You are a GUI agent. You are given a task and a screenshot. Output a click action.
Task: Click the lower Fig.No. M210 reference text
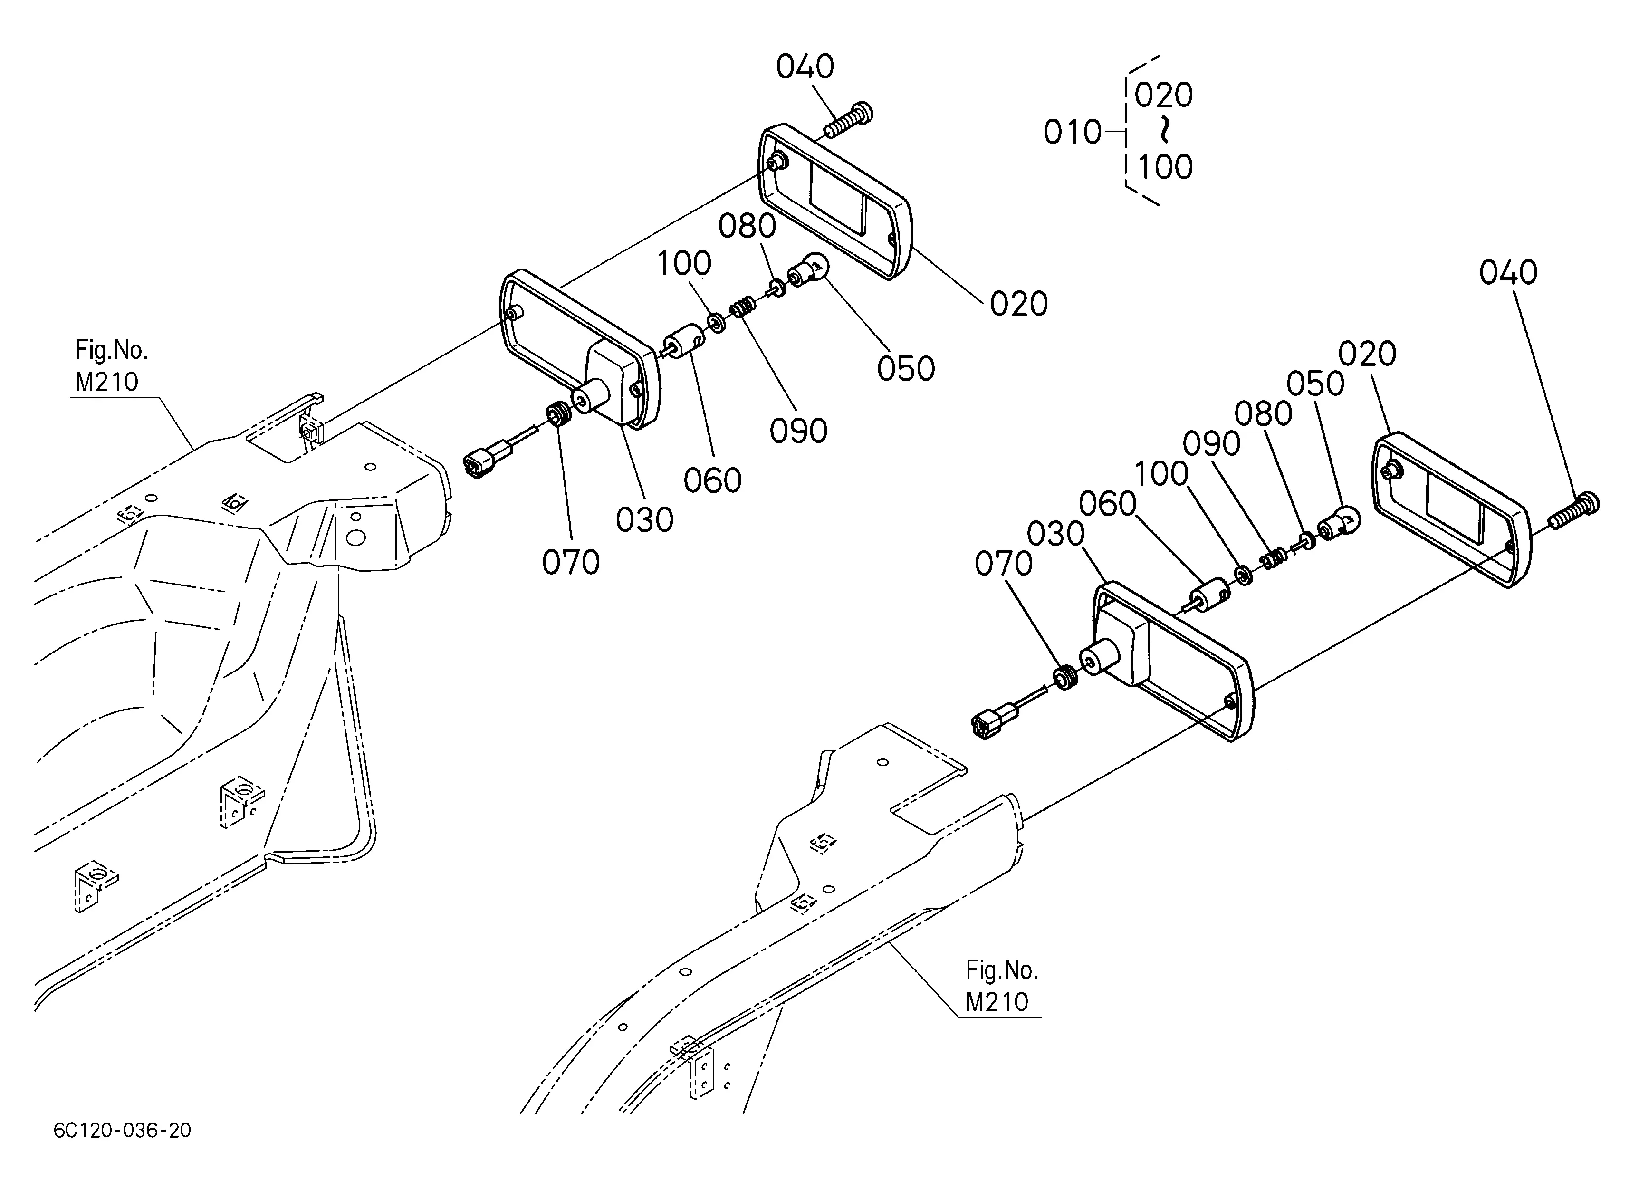pos(1002,986)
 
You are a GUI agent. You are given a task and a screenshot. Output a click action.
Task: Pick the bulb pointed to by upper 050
pos(807,272)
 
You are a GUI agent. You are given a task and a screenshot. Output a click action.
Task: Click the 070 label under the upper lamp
pos(571,562)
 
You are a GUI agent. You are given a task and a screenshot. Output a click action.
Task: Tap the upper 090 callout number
pos(798,432)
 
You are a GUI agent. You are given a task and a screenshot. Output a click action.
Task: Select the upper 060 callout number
pos(712,480)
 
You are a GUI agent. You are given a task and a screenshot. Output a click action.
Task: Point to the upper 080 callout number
pos(747,226)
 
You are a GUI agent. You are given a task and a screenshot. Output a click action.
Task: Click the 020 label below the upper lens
pos(1018,304)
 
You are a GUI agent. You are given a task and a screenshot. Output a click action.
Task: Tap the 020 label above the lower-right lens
pos(1367,354)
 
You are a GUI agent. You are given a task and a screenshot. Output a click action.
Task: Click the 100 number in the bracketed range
pos(1165,167)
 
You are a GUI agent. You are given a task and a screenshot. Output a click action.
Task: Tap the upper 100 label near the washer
pos(684,263)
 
